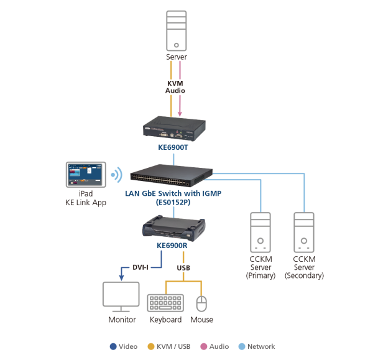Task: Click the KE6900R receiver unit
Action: (172, 228)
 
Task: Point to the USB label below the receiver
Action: (183, 267)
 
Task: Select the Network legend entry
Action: (257, 346)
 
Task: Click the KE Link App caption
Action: (86, 203)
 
